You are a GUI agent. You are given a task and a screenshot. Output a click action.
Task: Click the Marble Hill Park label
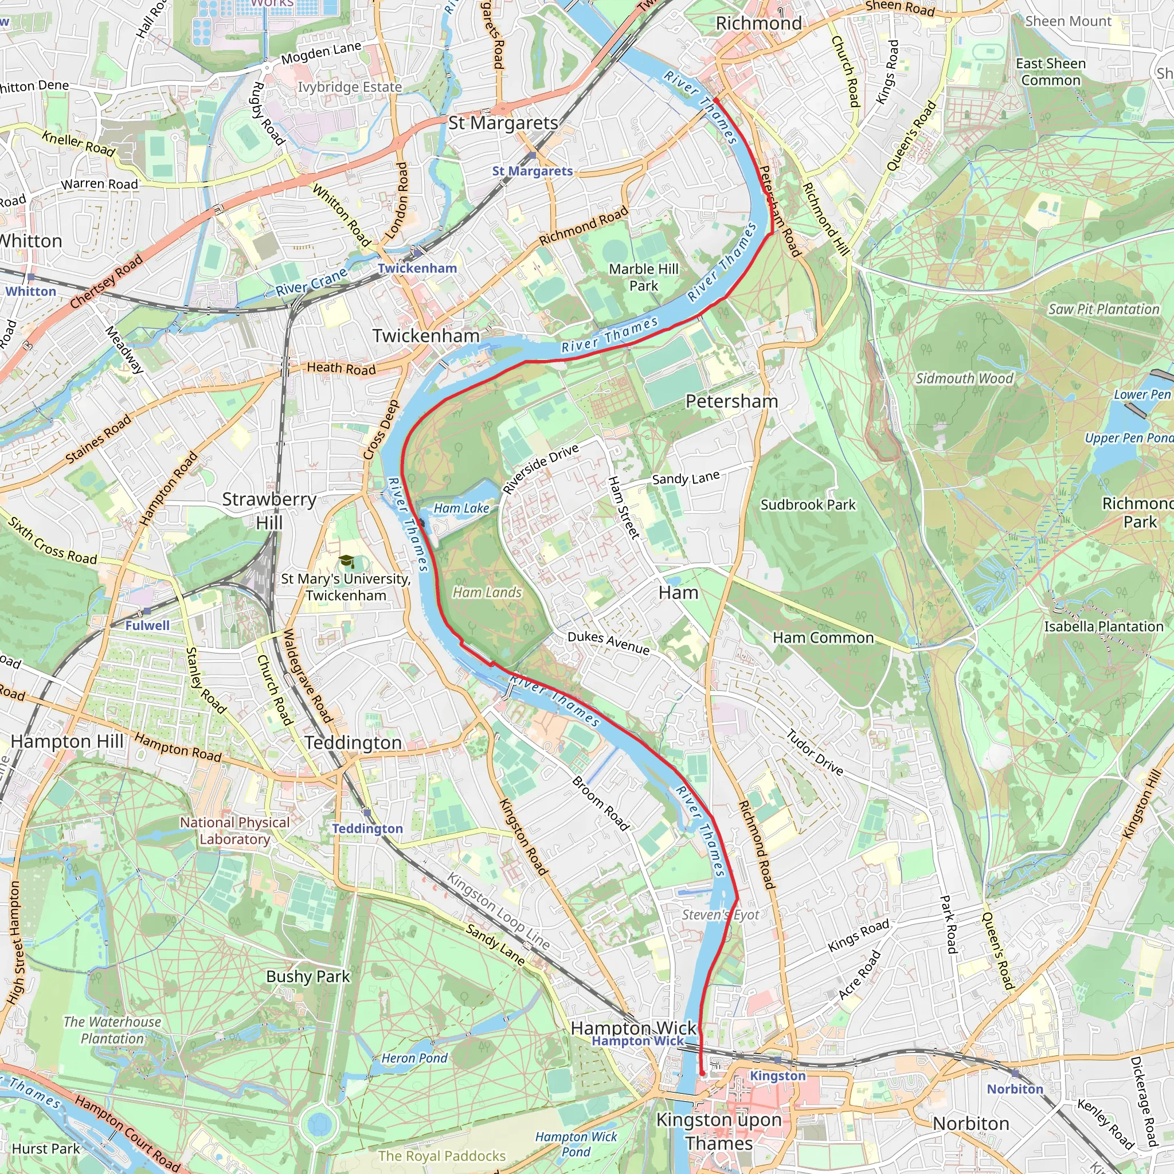tap(644, 277)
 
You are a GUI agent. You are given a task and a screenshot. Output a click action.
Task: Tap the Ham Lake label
tap(461, 508)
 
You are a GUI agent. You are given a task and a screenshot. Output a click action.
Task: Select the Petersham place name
tap(731, 401)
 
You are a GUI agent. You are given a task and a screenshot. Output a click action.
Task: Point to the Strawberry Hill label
tap(269, 510)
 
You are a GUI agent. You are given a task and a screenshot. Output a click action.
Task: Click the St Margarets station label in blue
tap(533, 171)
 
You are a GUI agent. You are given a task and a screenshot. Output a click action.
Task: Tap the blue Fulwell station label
tap(147, 625)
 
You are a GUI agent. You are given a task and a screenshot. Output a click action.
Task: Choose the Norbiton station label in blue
tap(1015, 1089)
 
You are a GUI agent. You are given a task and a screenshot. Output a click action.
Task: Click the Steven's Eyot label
tap(720, 914)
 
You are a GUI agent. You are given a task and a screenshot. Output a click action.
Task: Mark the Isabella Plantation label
tap(1103, 627)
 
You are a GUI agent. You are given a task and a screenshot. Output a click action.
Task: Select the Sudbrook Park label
tap(808, 505)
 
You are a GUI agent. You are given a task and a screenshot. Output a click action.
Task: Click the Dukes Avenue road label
tap(608, 642)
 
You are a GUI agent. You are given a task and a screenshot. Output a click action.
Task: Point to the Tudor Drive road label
tap(815, 752)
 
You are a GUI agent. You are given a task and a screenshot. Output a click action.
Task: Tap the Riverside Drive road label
tap(541, 469)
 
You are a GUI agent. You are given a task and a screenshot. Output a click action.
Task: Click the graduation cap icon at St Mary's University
tap(346, 561)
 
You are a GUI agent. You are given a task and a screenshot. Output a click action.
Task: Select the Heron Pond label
tap(414, 1058)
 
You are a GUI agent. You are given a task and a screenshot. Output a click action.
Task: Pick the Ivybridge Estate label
tap(350, 87)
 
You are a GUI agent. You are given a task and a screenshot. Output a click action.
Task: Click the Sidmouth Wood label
tap(964, 378)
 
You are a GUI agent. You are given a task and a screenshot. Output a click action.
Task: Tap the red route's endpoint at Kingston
tap(702, 1074)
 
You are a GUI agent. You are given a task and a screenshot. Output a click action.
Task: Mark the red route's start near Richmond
tap(717, 99)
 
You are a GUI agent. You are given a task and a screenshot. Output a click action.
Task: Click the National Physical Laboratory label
tap(234, 831)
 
